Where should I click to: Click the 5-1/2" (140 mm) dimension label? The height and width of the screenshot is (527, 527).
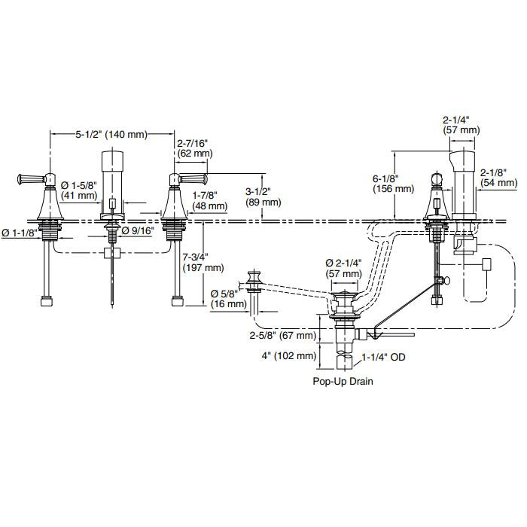pos(111,135)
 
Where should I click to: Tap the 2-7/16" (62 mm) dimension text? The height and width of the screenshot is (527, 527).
pos(195,148)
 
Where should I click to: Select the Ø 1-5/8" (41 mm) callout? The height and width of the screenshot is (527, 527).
pos(79,190)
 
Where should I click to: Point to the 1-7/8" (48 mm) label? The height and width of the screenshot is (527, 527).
pos(209,200)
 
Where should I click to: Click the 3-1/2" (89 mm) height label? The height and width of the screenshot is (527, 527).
pos(263,197)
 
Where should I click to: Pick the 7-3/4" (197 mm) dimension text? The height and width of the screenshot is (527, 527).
pos(203,263)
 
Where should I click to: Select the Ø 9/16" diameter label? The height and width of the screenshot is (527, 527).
pos(138,230)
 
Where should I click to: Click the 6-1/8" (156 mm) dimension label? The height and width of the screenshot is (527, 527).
pos(393,184)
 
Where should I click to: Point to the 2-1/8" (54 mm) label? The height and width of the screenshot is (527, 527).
pos(498,177)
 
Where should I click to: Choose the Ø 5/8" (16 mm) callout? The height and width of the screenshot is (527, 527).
pos(229,299)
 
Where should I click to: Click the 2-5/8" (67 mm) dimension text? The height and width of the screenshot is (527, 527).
pos(282,336)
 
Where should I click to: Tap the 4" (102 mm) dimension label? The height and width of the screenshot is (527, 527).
pos(288,355)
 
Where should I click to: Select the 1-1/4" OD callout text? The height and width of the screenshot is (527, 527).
pos(383,357)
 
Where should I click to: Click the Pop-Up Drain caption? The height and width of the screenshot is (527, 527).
pos(343,381)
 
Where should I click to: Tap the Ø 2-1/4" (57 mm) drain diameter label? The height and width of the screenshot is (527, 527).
pos(343,269)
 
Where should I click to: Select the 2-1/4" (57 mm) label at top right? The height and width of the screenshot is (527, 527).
pos(461,125)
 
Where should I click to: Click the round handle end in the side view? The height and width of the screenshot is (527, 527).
pos(437,178)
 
